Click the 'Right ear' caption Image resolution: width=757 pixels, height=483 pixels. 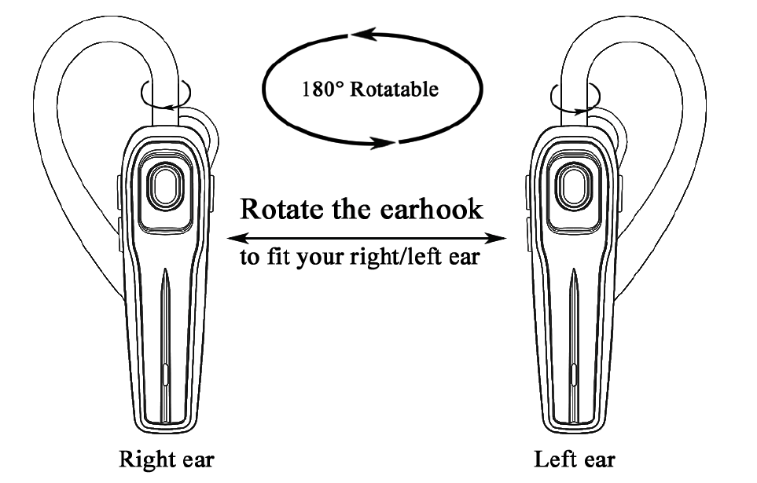pyautogui.click(x=166, y=459)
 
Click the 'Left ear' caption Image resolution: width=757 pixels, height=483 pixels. pyautogui.click(x=575, y=459)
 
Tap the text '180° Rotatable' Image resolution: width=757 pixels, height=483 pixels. pyautogui.click(x=370, y=89)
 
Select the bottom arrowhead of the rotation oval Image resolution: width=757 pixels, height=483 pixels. pyautogui.click(x=386, y=143)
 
